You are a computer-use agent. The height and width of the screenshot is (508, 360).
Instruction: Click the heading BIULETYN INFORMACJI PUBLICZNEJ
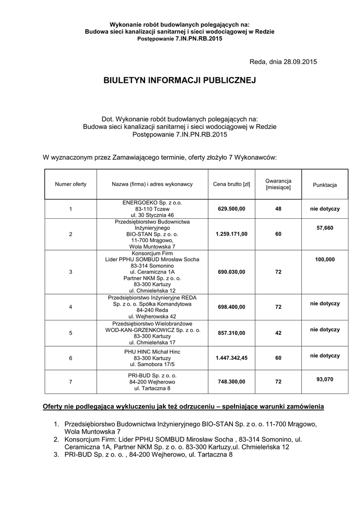tap(179, 80)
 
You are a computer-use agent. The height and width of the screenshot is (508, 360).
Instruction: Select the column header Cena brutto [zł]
tap(231, 185)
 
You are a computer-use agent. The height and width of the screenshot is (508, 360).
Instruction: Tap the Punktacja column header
tap(325, 185)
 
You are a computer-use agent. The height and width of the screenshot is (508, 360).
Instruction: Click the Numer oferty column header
tap(71, 185)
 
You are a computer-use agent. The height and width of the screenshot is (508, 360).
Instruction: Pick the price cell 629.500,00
tap(231, 209)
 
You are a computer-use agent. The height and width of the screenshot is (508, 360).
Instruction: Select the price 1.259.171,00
tap(231, 234)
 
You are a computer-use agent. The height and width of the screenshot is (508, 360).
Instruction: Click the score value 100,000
tap(325, 259)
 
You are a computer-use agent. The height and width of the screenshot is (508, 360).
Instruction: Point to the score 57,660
tap(325, 228)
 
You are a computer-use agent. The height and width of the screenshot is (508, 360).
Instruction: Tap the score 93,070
tap(325, 379)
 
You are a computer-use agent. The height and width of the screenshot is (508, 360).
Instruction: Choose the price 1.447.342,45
tap(231, 357)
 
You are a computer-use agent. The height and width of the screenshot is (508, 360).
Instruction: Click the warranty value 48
tap(278, 209)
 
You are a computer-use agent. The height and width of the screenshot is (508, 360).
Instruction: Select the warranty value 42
tap(278, 332)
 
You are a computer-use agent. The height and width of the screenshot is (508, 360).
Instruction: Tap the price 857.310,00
tap(231, 332)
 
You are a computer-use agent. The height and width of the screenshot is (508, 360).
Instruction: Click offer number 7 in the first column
tap(71, 382)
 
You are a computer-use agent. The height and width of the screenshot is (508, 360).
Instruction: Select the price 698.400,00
tap(231, 307)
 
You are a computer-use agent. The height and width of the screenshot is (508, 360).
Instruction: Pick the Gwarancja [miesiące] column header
tap(278, 185)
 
